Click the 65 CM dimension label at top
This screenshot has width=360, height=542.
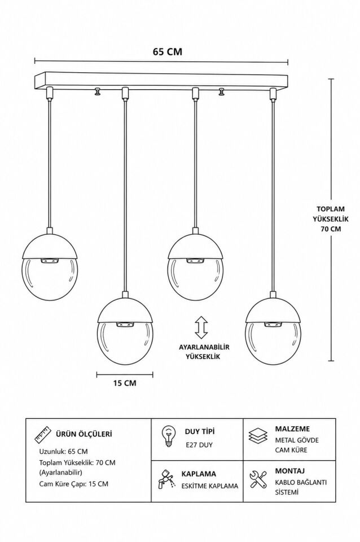tap(168, 51)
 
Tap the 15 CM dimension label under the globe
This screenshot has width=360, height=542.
tap(125, 383)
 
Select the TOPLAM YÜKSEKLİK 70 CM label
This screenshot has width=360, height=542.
tap(331, 219)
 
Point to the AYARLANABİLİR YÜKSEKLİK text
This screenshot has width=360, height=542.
tap(204, 352)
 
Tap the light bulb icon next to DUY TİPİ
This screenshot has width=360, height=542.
tap(168, 436)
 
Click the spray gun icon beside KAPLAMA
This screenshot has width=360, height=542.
tap(166, 479)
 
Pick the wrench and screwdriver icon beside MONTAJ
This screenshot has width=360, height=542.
tap(258, 479)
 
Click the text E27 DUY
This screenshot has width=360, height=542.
tap(199, 445)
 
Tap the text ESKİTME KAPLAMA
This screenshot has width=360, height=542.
tap(210, 486)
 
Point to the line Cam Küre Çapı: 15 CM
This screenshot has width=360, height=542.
tap(73, 484)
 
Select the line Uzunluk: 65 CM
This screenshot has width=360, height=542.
tap(63, 452)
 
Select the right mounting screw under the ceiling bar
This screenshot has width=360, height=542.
tap(221, 92)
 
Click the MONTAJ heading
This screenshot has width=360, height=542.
tap(290, 471)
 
